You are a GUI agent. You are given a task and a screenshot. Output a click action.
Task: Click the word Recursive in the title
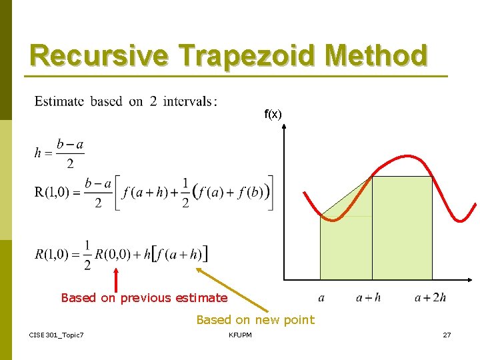[x=98, y=55]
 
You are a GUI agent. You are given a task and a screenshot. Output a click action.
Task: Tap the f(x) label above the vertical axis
[x=273, y=115]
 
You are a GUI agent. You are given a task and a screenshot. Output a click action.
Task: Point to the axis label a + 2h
[x=430, y=297]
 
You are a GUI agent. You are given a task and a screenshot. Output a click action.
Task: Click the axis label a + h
[x=369, y=297]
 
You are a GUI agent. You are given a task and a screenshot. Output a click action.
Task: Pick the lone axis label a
[x=321, y=298]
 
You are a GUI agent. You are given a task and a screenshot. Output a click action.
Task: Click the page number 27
[x=447, y=335]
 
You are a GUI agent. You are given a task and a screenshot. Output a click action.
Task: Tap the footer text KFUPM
[x=240, y=335]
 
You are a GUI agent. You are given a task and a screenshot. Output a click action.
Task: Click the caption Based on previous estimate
[x=144, y=298]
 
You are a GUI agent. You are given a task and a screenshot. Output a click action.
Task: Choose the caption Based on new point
[x=255, y=320]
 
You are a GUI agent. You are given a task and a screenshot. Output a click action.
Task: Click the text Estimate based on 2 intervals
[x=126, y=101]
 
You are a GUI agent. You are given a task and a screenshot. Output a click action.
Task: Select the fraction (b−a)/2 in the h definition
[x=70, y=154]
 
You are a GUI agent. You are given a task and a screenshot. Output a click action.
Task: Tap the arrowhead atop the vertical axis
[x=285, y=128]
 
